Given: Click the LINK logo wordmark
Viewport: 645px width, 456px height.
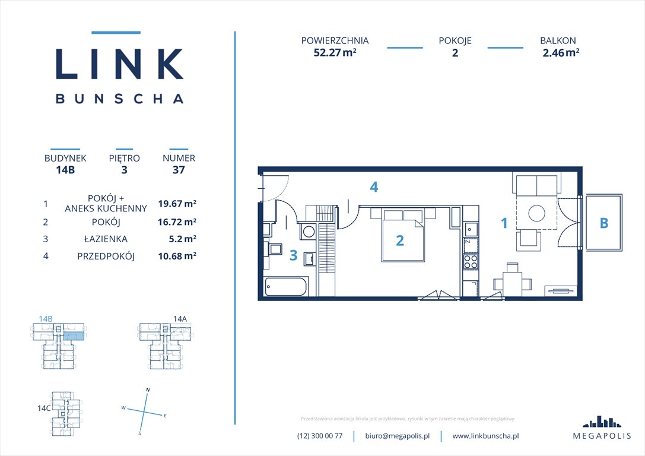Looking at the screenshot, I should coord(119,64).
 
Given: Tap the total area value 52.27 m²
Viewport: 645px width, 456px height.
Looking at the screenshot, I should coord(335,52).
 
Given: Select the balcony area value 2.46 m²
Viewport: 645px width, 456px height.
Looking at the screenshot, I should coord(561,52).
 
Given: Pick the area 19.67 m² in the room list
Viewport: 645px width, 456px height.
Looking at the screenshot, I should coord(177,204).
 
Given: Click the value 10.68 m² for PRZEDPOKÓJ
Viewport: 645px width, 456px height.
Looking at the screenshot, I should coord(177,256).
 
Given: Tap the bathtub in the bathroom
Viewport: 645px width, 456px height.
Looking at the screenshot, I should coord(287,288).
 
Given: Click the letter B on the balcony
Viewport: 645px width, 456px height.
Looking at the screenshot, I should coord(604,223).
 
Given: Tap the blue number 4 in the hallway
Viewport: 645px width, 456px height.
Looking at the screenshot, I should coord(373,187).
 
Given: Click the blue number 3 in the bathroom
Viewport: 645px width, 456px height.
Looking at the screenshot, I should coord(293,255).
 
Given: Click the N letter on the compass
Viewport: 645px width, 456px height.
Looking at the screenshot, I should coord(148,389).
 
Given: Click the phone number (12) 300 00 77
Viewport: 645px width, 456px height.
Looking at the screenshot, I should coord(320,436).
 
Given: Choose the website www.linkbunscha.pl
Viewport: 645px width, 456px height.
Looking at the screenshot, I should coord(485,436).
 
